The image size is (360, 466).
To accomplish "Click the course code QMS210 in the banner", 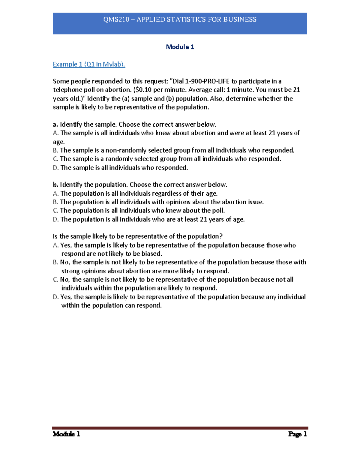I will pos(116,20).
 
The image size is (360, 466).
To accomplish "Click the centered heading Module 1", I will pos(180,47).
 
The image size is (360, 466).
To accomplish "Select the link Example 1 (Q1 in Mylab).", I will pos(89,64).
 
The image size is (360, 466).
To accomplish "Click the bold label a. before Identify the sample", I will pos(55,125).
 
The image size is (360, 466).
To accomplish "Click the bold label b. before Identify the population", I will pos(55,185).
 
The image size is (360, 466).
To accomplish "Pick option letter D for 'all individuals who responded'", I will pos(55,168).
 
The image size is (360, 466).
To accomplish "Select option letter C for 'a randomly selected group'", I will pos(55,159).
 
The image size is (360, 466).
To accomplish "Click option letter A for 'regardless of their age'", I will pos(55,194).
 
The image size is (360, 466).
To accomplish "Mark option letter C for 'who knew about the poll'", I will pos(55,211).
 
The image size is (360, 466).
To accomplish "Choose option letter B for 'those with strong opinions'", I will pos(55,262).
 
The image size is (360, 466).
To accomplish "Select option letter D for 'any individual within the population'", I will pos(55,297).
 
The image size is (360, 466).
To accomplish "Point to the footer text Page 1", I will pos(297,434).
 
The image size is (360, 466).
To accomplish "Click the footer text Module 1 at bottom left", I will pos(66,434).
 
